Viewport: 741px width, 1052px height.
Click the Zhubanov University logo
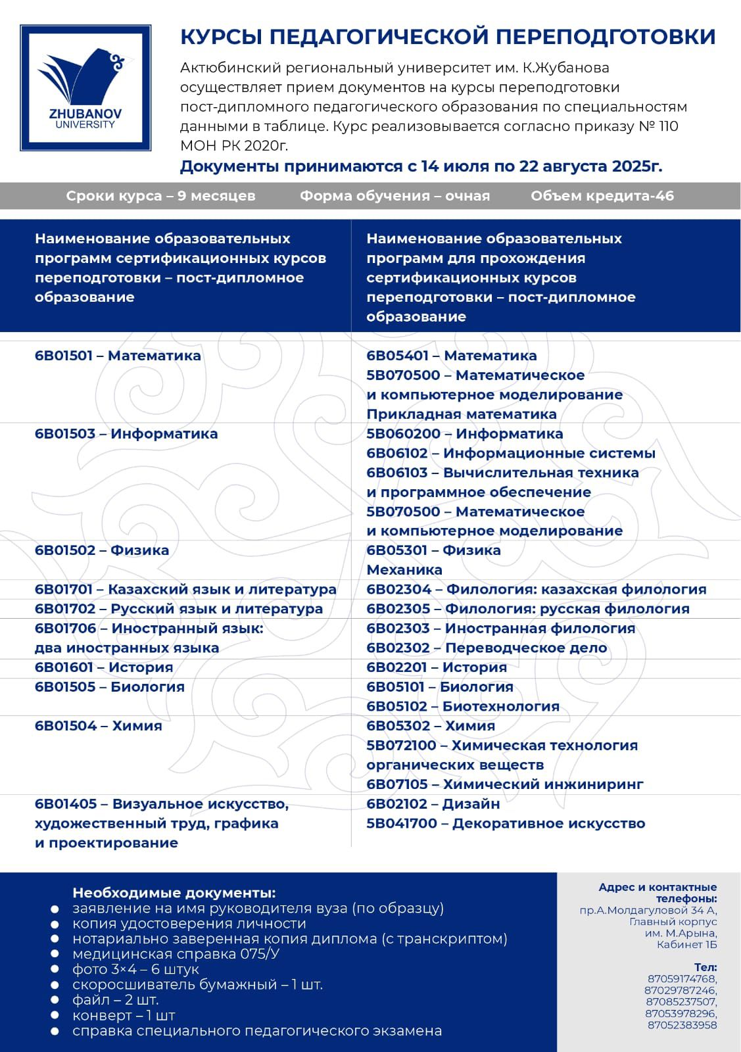85,87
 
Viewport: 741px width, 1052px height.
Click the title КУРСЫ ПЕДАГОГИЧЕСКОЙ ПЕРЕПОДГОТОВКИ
448,37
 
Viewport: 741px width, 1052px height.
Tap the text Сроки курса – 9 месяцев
160,196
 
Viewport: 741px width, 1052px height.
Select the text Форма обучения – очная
394,196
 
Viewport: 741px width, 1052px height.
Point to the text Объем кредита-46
602,196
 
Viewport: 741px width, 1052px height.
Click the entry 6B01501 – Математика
118,356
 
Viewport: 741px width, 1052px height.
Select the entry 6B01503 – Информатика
126,434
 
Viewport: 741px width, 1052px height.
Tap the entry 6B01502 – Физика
102,550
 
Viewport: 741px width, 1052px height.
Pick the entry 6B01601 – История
104,667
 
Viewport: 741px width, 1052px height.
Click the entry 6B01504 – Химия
99,726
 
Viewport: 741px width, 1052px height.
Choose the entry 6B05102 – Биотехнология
463,706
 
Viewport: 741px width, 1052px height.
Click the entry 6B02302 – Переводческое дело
487,648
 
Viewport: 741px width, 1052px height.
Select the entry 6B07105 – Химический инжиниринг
504,784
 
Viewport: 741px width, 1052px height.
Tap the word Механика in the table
404,570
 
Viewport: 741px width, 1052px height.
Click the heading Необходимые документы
174,893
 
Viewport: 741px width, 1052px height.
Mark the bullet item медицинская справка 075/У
176,954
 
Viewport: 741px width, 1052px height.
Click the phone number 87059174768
682,979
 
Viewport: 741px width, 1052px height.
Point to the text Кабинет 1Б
686,945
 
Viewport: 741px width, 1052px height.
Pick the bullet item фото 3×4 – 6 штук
135,969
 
